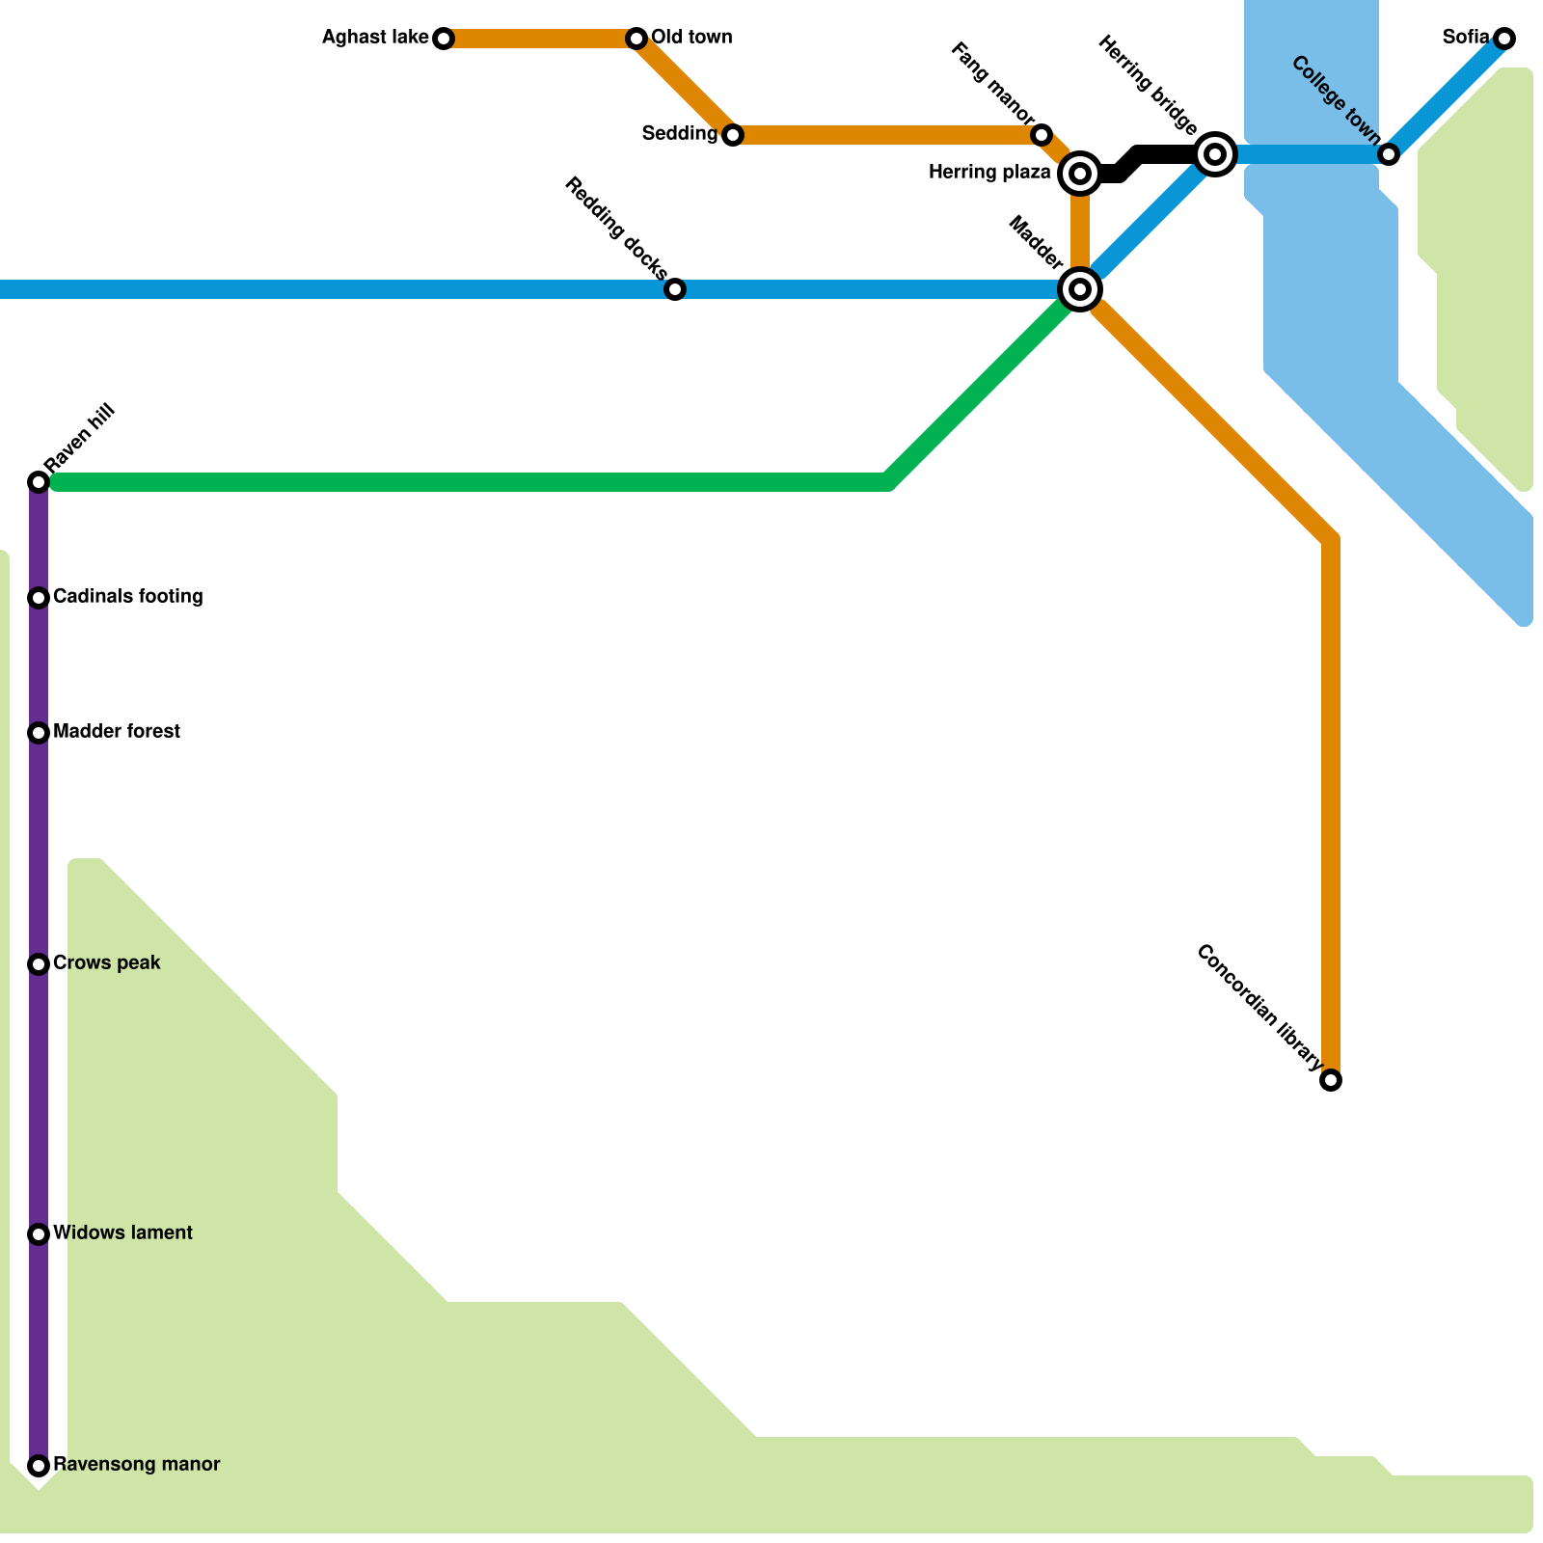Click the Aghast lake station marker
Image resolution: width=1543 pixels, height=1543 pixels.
[444, 39]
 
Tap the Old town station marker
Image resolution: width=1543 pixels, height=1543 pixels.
[636, 39]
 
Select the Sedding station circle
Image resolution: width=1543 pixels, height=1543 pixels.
[733, 135]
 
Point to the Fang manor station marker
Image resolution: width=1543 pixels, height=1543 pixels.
[1042, 135]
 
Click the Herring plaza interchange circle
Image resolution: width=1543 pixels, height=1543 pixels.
[1080, 174]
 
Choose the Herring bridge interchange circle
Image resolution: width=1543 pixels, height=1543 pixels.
[1215, 154]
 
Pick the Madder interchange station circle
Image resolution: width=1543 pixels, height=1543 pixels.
[1080, 288]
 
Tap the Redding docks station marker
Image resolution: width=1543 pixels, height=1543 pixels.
[675, 289]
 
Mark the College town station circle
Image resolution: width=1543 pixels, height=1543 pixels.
[1389, 154]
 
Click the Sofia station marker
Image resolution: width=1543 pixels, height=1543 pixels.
[1504, 39]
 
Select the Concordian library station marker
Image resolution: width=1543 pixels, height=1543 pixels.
[1331, 1080]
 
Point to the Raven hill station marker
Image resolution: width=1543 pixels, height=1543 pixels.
[39, 481]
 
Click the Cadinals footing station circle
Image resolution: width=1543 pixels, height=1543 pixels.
[39, 598]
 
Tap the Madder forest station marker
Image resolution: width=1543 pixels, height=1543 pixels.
[39, 733]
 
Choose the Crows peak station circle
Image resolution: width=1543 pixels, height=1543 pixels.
[39, 964]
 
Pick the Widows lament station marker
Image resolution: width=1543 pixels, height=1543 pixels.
[39, 1234]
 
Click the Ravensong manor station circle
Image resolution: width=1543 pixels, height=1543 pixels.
[39, 1466]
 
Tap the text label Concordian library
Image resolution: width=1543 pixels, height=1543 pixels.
[1259, 1009]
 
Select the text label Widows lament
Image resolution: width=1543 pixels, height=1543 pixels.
[122, 1233]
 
